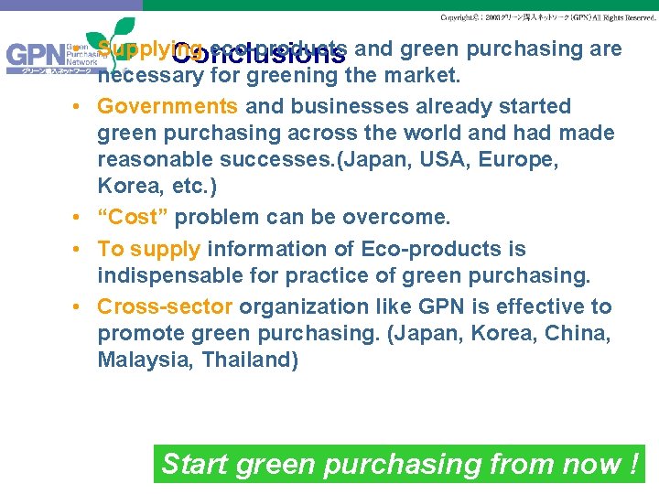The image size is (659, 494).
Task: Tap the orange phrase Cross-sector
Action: click(165, 306)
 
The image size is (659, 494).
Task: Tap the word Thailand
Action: click(250, 360)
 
